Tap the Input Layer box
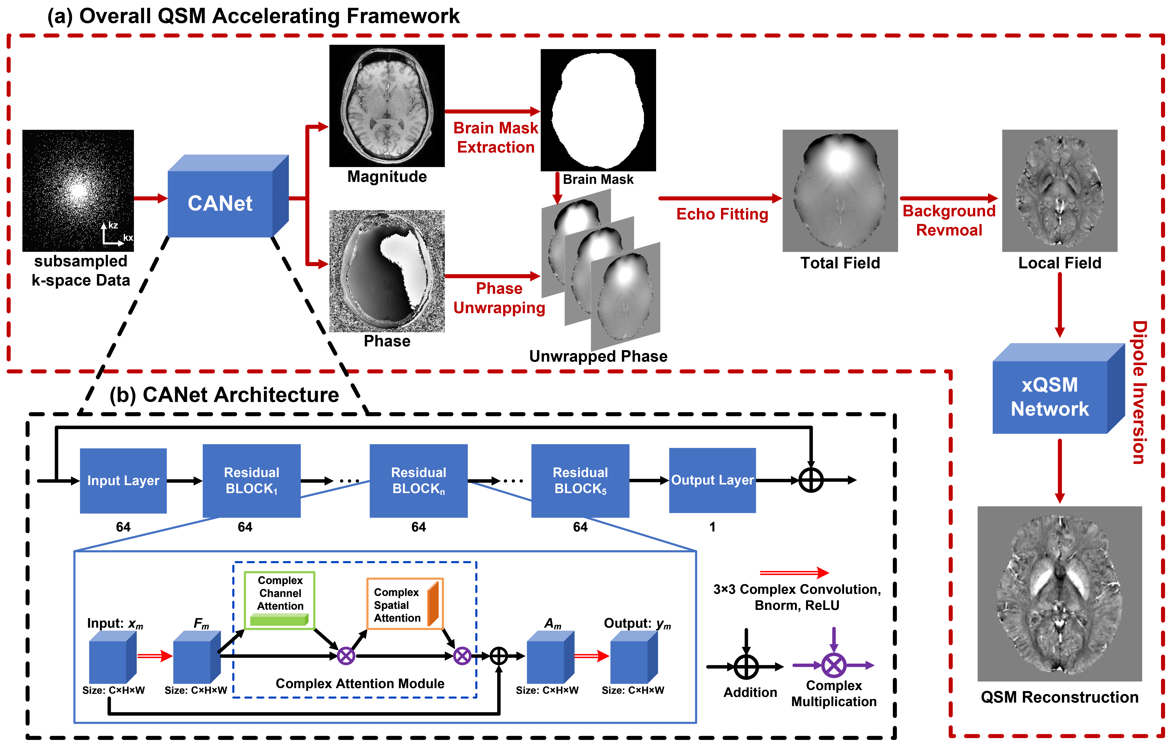(x=123, y=480)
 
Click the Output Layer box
(x=712, y=480)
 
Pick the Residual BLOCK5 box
(x=580, y=480)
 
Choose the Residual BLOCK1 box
(x=251, y=480)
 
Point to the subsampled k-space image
(x=78, y=191)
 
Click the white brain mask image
(x=598, y=110)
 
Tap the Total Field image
(x=840, y=191)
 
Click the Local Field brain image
(x=1059, y=191)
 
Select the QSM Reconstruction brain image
(x=1059, y=593)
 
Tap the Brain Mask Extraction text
(x=496, y=138)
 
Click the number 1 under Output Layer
(x=712, y=527)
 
